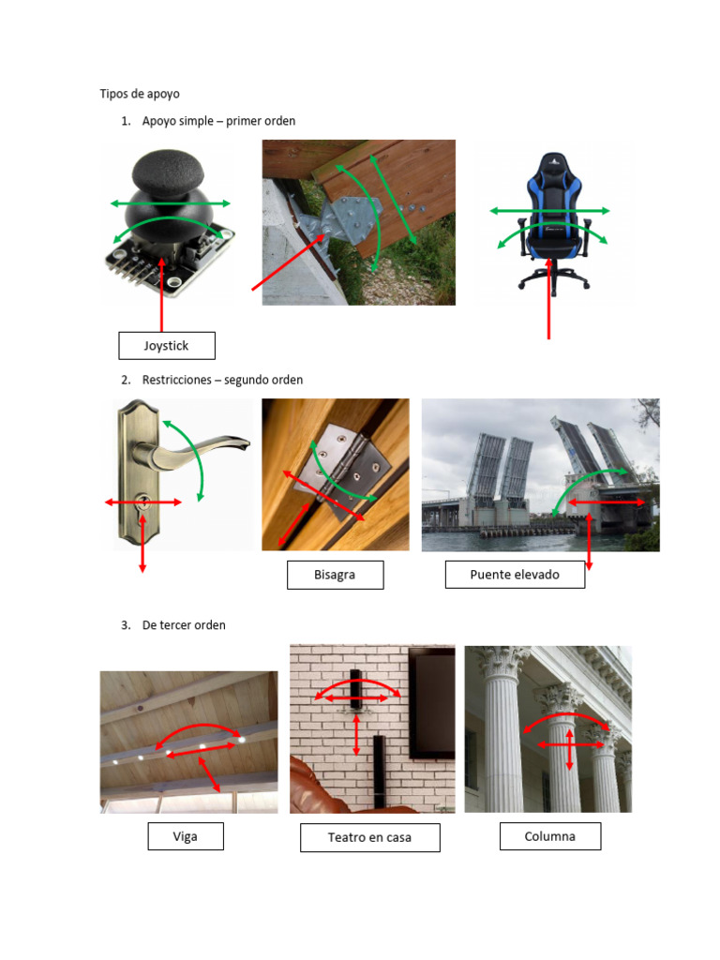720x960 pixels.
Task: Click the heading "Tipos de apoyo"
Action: (x=140, y=94)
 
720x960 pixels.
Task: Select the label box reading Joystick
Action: (x=167, y=345)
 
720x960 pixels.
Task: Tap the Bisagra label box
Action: (x=335, y=575)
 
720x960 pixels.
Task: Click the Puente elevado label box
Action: (x=515, y=575)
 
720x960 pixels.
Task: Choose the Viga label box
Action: (x=186, y=836)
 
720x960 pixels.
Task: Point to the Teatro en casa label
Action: (x=369, y=837)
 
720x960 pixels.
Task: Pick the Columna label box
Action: (x=549, y=836)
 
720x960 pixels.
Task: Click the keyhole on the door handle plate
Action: (x=143, y=502)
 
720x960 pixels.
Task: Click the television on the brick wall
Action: (x=432, y=702)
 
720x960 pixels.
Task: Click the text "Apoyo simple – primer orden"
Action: (x=218, y=121)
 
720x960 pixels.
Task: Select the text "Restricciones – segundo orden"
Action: (x=222, y=380)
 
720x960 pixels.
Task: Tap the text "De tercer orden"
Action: (x=184, y=625)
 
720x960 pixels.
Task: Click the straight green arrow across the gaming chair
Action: (x=549, y=211)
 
